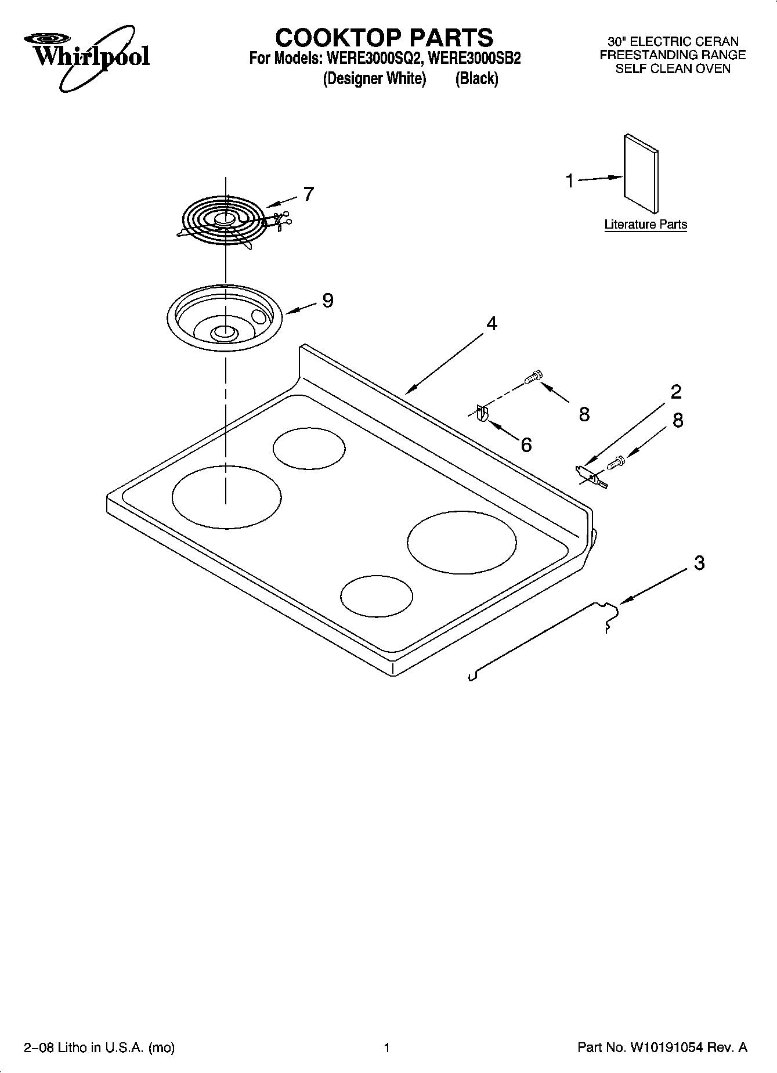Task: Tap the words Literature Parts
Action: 645,225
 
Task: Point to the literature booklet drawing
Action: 641,174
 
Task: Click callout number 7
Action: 308,194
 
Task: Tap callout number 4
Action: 492,324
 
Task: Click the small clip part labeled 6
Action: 482,414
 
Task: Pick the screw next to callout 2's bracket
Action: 616,463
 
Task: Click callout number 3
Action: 699,562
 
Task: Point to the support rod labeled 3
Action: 540,638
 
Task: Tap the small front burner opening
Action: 377,595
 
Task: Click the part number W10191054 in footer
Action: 664,1047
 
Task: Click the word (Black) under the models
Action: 476,79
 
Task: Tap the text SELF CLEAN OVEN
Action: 673,68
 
